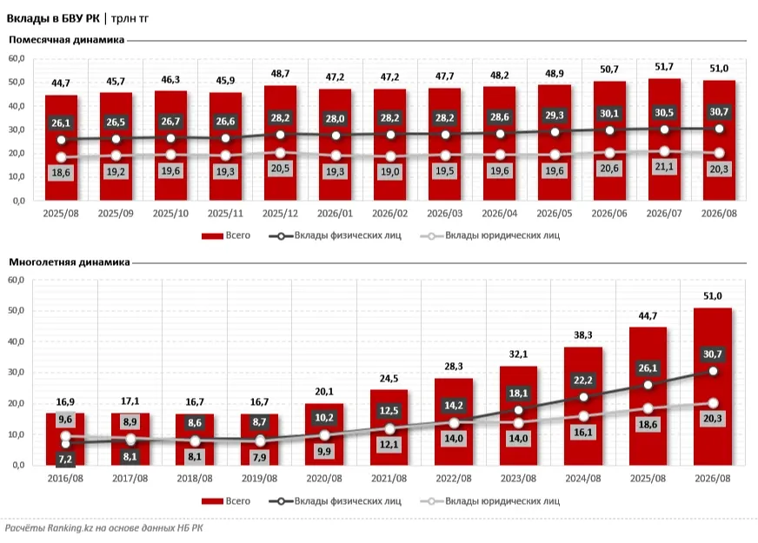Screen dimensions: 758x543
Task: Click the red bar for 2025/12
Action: [x=281, y=143]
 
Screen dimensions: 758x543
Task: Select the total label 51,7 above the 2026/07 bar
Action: [x=664, y=67]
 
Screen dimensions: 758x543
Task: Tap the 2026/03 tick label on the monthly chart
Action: [x=445, y=213]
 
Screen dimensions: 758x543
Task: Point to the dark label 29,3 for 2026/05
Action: [x=555, y=115]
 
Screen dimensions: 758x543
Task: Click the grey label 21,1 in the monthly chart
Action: [x=664, y=167]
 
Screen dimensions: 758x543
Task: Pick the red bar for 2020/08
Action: [x=324, y=434]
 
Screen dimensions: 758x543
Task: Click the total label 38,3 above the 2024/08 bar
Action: [x=583, y=334]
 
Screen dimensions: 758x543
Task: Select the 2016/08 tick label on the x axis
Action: [x=65, y=478]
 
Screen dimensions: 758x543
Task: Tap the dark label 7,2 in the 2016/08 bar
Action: [x=65, y=459]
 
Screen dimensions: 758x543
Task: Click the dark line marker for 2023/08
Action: [x=518, y=410]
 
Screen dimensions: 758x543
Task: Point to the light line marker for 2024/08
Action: [x=583, y=416]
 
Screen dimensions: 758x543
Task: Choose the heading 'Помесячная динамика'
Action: [x=67, y=40]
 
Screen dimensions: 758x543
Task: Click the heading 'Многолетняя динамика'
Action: [x=70, y=262]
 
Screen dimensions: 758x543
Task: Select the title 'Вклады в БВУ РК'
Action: [x=53, y=18]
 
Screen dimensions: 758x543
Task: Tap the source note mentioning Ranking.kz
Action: [x=104, y=528]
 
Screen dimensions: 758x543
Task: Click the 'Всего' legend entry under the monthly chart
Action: [x=226, y=235]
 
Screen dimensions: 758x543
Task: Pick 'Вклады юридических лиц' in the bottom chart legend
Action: [x=490, y=501]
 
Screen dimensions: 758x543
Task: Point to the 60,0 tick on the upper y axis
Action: [x=17, y=58]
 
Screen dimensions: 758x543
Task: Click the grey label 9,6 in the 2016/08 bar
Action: [x=65, y=420]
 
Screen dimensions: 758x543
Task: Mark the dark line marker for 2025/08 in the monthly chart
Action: [x=62, y=140]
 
